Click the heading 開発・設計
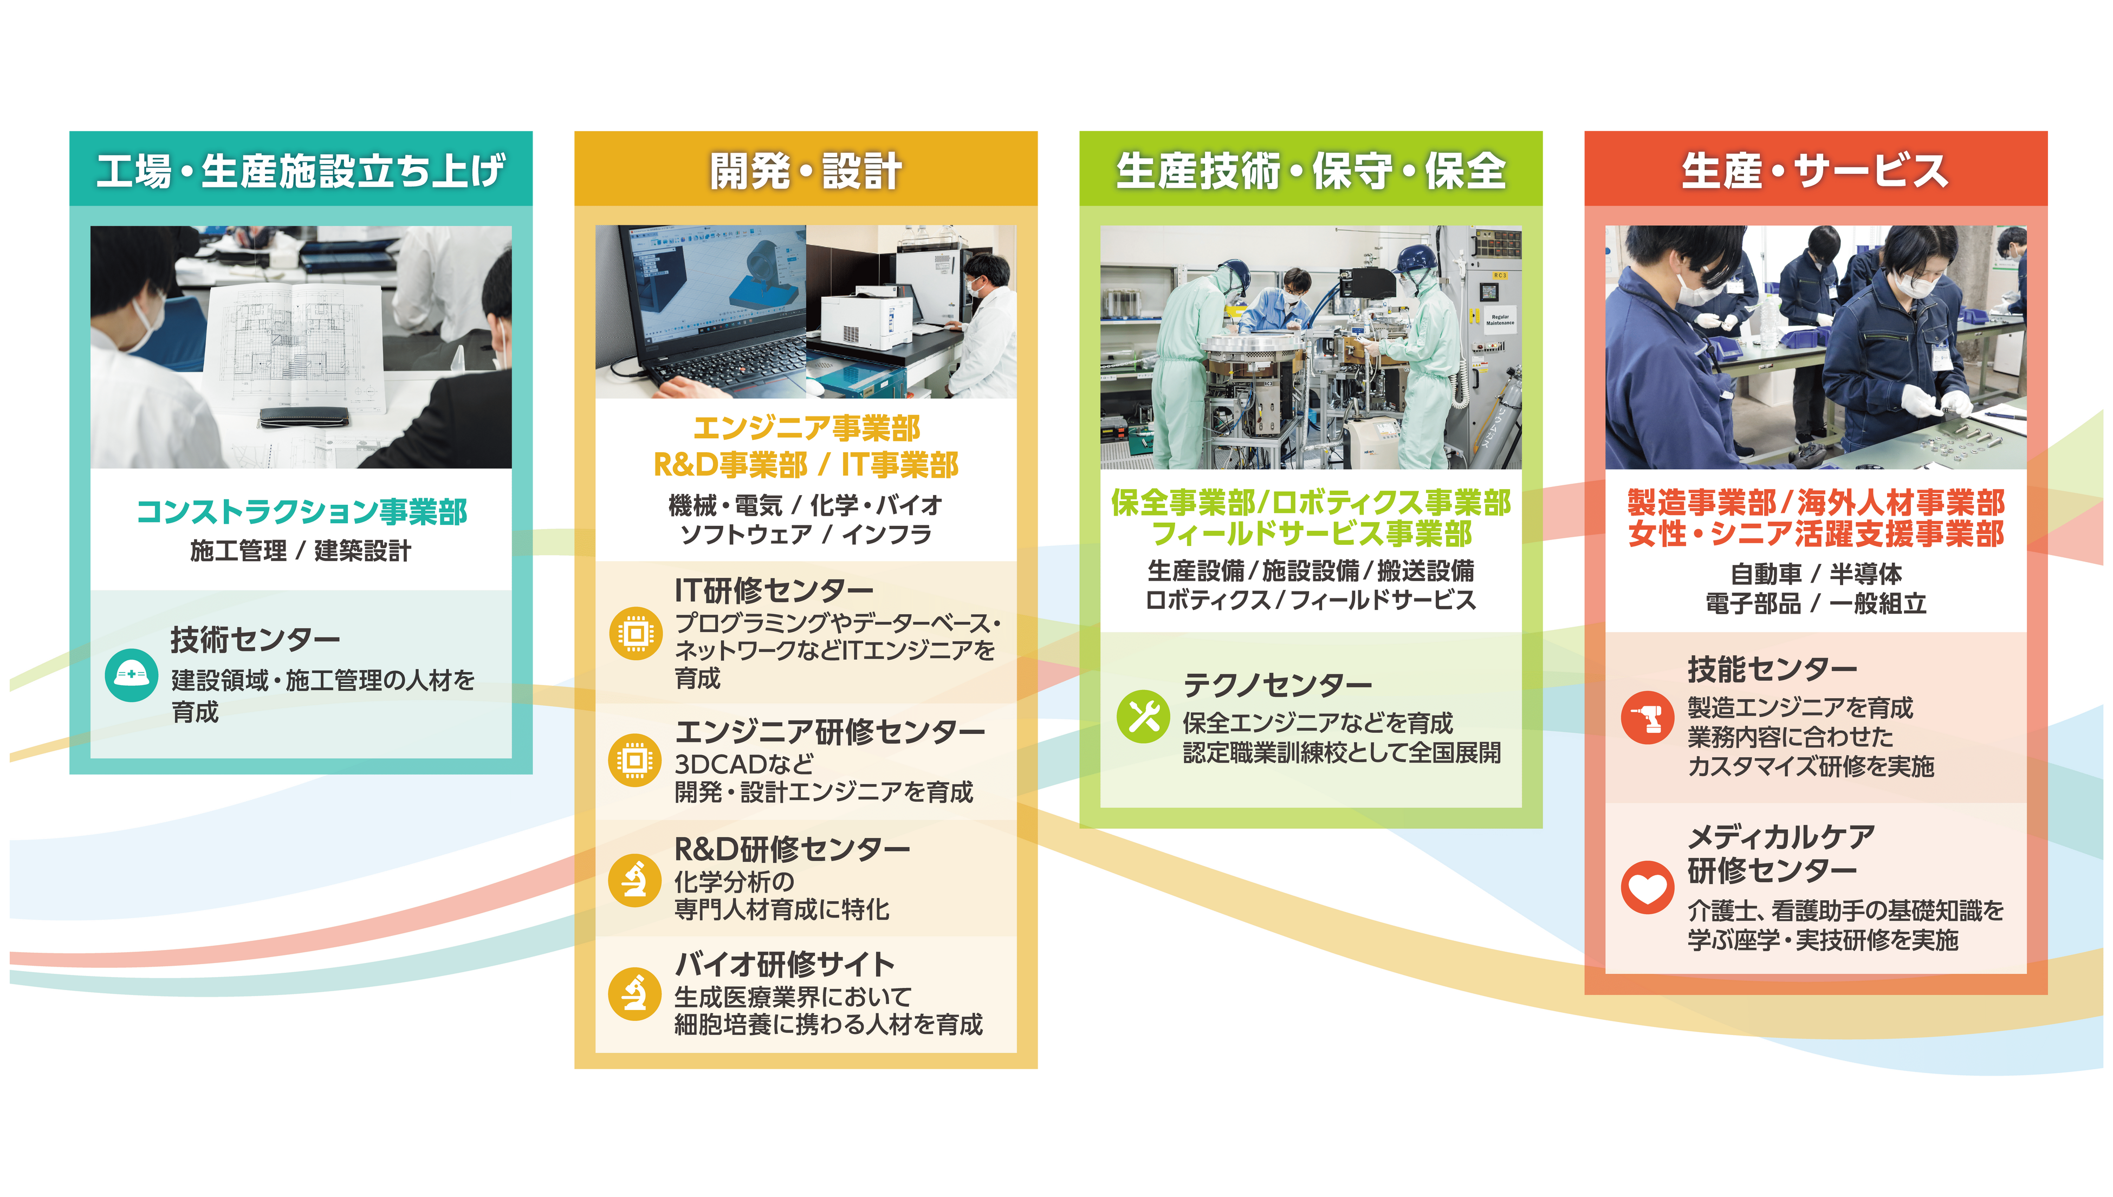coord(806,172)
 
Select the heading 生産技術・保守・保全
coord(1311,172)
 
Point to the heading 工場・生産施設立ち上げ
coord(301,172)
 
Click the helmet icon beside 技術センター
coord(132,675)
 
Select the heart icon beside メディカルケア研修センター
coord(1647,887)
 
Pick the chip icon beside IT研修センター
coord(636,633)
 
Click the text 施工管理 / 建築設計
coord(301,551)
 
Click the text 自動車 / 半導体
coord(1816,573)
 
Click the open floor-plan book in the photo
coord(296,346)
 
